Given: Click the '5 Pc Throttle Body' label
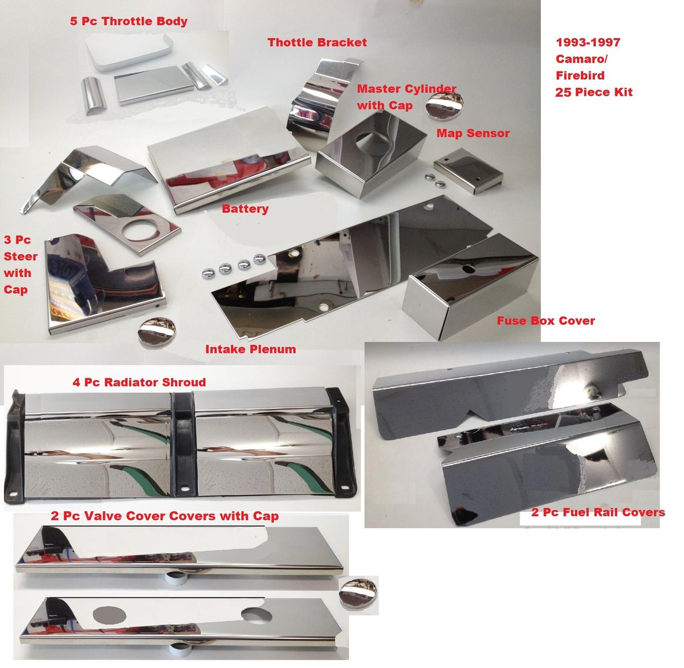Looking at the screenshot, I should point(128,22).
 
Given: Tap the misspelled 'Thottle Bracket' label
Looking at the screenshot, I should point(317,42).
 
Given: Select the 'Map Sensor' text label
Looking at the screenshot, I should point(473,133).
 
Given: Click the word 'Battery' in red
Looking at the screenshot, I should point(245,209).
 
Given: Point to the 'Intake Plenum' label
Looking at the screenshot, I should point(250,349).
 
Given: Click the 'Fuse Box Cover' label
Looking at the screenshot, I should point(545,320).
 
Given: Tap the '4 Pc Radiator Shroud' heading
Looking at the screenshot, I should point(139,382).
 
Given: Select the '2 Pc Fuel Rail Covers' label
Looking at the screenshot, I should point(598,512).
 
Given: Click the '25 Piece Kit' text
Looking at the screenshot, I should point(593,92).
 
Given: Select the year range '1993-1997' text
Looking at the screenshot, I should point(588,42).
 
